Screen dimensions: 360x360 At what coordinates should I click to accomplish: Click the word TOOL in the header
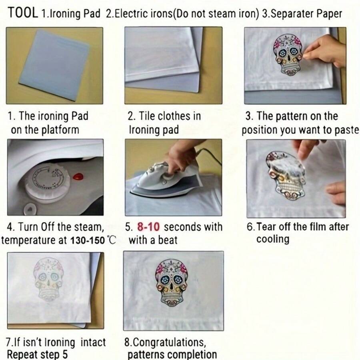click(x=23, y=13)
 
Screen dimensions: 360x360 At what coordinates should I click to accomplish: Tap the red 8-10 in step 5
click(x=148, y=227)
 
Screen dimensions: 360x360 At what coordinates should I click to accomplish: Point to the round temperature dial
click(x=48, y=182)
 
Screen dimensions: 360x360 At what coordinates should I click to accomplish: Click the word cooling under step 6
click(x=272, y=239)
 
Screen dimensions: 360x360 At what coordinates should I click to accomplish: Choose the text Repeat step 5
click(x=37, y=354)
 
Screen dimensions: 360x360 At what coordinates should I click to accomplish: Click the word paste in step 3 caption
click(x=346, y=130)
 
